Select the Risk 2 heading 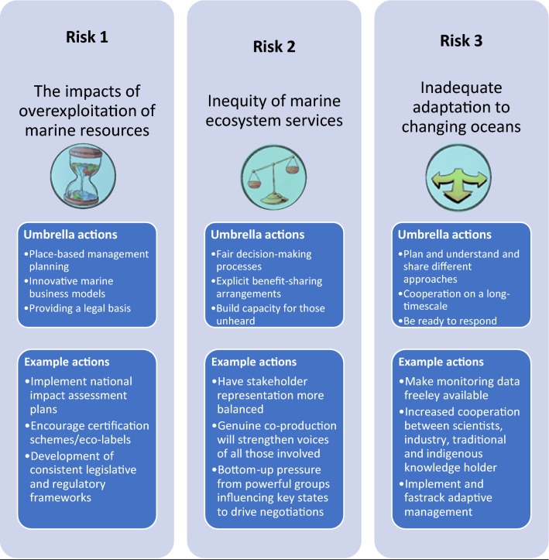[273, 46]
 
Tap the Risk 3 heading [461, 42]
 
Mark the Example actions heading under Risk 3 [441, 361]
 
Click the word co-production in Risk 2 [307, 425]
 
